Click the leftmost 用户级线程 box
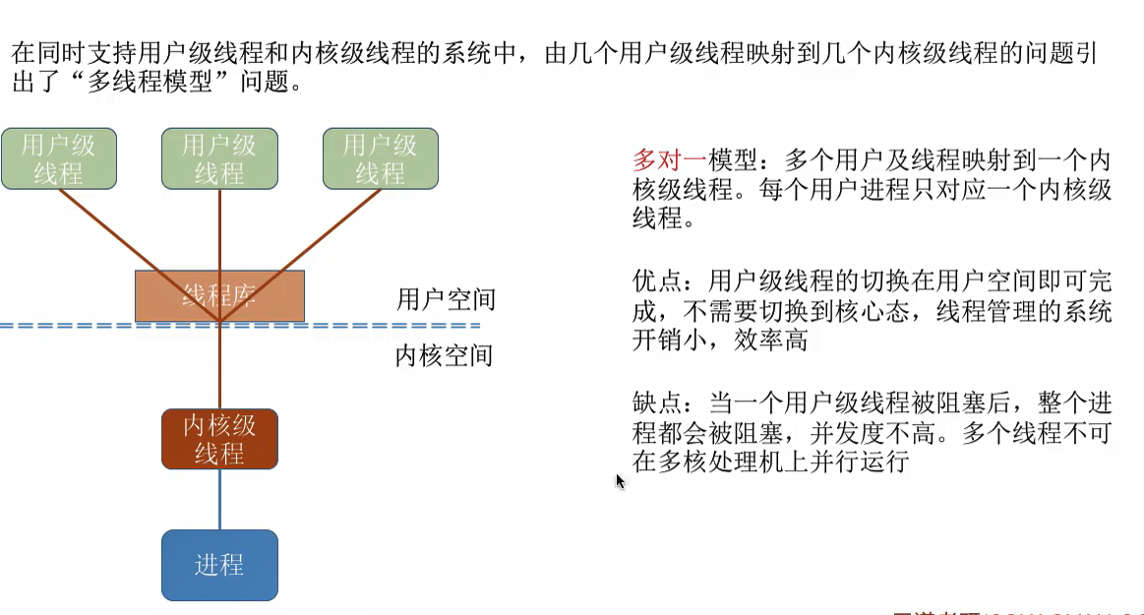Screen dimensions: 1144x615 (59, 158)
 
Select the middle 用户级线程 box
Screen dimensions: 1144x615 (219, 158)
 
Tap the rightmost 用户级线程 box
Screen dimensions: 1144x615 (380, 158)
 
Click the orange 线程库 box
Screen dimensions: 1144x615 (219, 295)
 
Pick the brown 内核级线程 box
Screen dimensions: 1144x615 (219, 439)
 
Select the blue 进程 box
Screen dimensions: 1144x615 (219, 565)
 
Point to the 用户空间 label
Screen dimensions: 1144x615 (446, 299)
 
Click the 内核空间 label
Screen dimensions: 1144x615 (444, 355)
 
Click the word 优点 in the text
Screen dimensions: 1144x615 (657, 282)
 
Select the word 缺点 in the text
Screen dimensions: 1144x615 (657, 403)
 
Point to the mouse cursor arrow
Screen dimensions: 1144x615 (620, 481)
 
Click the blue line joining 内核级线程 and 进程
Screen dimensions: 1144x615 (219, 500)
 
